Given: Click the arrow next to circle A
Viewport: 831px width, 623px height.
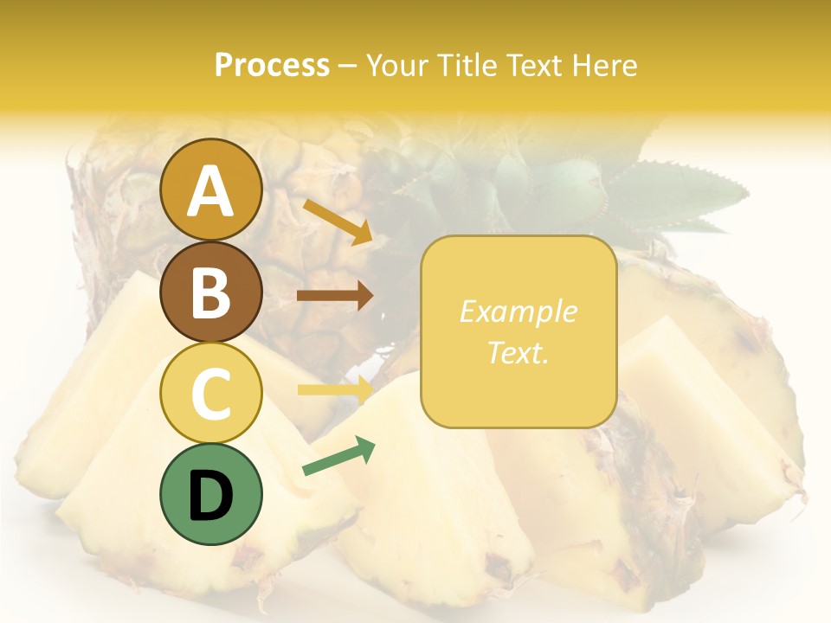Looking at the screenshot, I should pos(338,222).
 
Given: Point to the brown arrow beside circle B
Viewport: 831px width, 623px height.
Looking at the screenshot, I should pos(335,296).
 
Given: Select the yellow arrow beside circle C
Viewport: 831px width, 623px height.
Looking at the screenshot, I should pos(335,389).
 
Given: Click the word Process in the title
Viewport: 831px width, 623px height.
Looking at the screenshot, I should pos(272,65).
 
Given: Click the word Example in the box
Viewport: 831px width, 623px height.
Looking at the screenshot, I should pos(519,311).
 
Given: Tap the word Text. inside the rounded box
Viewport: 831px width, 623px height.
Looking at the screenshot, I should pos(519,352).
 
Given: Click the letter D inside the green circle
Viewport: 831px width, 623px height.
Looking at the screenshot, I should pos(210,495).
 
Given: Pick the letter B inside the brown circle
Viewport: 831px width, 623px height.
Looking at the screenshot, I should pos(210,292).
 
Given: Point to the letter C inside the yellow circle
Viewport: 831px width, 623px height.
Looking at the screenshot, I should pos(210,395).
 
